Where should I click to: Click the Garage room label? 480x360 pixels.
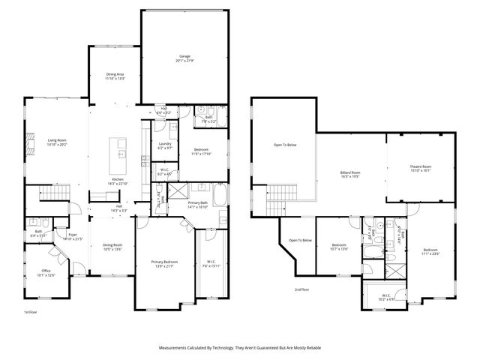click(184, 58)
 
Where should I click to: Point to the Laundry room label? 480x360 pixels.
click(165, 145)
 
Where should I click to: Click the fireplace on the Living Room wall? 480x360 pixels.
click(29, 143)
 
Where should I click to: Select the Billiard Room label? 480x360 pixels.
click(350, 174)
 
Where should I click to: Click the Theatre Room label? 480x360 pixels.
click(420, 168)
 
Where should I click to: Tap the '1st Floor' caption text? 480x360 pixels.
click(31, 311)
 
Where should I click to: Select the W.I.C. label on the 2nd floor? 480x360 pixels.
click(384, 298)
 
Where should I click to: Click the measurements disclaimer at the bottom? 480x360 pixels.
click(239, 348)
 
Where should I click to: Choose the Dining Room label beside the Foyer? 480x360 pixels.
click(112, 247)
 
